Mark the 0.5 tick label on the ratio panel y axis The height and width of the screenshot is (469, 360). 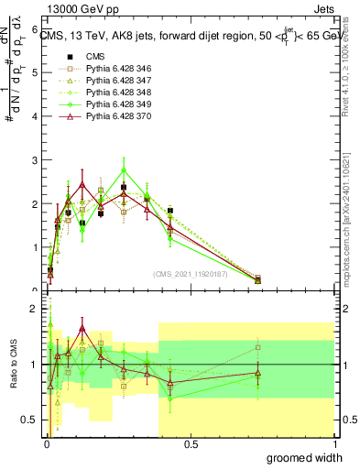[x=28, y=420]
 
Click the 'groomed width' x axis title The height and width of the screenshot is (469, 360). [x=306, y=457]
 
